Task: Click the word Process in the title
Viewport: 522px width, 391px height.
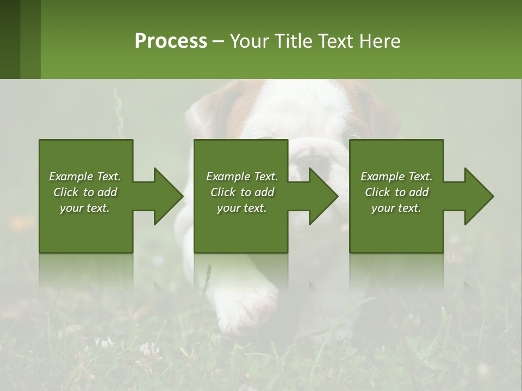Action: [x=171, y=41]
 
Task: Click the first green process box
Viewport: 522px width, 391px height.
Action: [x=86, y=228]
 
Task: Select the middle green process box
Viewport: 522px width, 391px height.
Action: [x=241, y=228]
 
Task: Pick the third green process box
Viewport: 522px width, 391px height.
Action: [x=396, y=228]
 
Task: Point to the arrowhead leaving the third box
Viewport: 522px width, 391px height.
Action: [x=478, y=196]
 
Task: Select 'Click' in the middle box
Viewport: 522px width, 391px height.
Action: [x=223, y=192]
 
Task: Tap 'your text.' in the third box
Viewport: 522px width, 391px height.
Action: [x=396, y=208]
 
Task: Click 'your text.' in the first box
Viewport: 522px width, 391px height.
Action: [x=85, y=208]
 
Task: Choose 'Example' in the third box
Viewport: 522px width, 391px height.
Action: [x=379, y=176]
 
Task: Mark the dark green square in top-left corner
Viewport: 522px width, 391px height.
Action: [x=10, y=39]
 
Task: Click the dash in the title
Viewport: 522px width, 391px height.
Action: [x=219, y=41]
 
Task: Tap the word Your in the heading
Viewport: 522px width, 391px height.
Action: [x=248, y=41]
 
